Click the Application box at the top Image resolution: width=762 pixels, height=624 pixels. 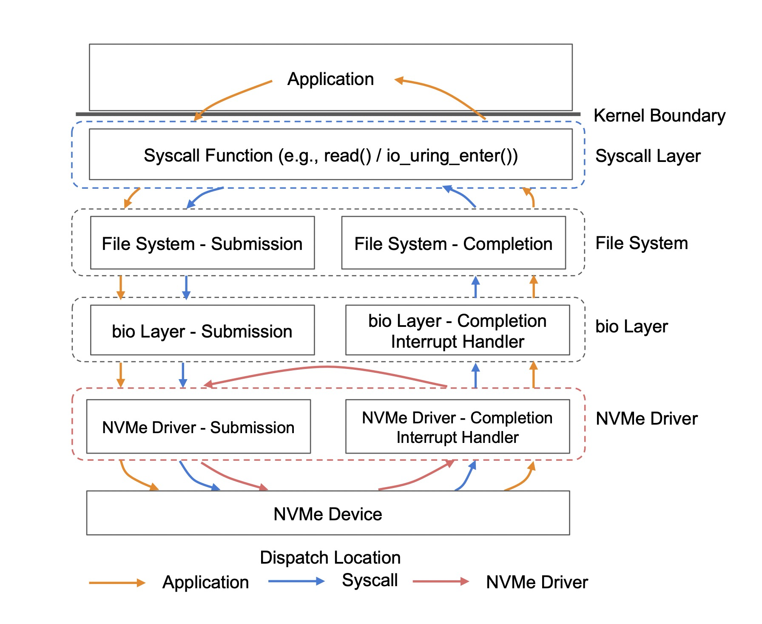click(x=330, y=77)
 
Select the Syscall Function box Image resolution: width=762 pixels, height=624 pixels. click(x=330, y=155)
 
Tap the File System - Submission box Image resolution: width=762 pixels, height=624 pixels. click(x=202, y=243)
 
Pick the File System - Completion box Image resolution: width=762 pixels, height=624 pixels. click(x=453, y=243)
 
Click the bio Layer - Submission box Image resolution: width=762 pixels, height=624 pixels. click(x=202, y=330)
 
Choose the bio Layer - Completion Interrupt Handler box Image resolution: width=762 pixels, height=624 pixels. click(x=457, y=330)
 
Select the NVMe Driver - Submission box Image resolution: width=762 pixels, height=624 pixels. click(x=198, y=426)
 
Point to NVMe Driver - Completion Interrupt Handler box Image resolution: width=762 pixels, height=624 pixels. click(x=457, y=426)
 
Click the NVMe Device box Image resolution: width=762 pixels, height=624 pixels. click(x=328, y=513)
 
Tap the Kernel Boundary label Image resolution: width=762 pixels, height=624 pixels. click(x=659, y=116)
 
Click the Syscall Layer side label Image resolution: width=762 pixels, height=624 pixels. click(x=648, y=156)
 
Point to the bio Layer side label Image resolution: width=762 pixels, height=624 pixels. click(x=631, y=326)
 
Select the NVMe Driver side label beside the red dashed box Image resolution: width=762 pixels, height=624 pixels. click(x=646, y=419)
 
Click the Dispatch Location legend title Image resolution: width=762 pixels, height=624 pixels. click(x=330, y=558)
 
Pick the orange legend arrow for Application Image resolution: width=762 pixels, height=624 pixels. click(x=117, y=583)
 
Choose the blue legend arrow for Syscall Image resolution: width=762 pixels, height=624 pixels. click(x=296, y=581)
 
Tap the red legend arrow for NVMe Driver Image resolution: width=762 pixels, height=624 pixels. click(x=441, y=581)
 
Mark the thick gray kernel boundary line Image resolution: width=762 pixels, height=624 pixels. click(x=298, y=114)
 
